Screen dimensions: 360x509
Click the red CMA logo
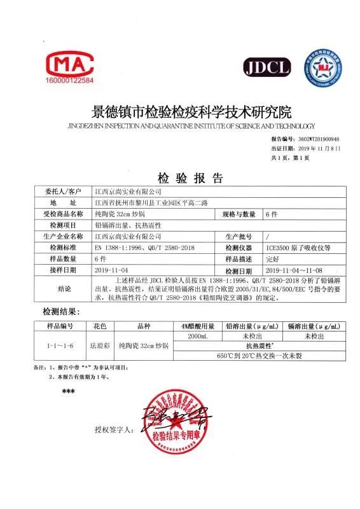pyautogui.click(x=70, y=62)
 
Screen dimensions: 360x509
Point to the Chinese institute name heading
pyautogui.click(x=179, y=113)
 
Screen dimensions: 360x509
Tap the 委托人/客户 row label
pyautogui.click(x=64, y=191)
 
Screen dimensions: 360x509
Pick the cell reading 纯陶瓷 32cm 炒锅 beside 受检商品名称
pyautogui.click(x=121, y=214)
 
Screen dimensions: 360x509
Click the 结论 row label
pyautogui.click(x=64, y=288)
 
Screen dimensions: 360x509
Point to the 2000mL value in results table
pyautogui.click(x=199, y=335)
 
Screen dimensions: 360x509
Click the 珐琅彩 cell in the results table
pyautogui.click(x=102, y=346)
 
